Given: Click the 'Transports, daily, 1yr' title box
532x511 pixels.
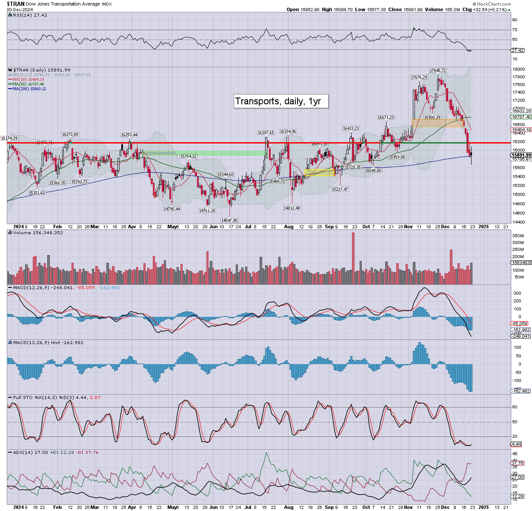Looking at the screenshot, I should [x=281, y=101].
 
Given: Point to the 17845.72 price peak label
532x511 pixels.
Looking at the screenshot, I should [x=438, y=71].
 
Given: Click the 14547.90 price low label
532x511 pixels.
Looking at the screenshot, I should [x=229, y=220].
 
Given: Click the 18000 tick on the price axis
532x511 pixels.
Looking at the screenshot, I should [x=518, y=69].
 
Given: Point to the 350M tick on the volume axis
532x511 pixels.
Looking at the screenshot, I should [x=518, y=236].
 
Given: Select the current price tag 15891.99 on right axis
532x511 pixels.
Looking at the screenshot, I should [x=521, y=155].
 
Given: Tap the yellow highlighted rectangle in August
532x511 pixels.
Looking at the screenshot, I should [x=320, y=172].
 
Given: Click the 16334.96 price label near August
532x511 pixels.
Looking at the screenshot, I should [x=288, y=132].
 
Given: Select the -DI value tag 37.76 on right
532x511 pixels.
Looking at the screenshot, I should [x=518, y=463].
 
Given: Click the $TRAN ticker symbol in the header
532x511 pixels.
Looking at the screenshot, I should [x=16, y=4].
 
